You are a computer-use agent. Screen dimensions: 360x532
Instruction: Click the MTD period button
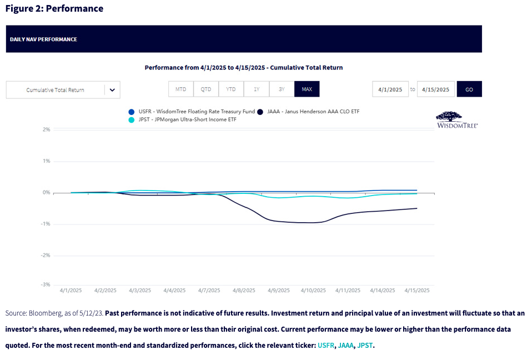tap(181, 89)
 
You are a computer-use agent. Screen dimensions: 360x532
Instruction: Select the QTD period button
tap(206, 89)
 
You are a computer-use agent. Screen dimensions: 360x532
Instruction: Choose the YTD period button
tap(231, 89)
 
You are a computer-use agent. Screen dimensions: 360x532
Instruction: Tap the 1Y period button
tap(257, 89)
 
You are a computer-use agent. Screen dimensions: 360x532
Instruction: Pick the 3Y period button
tap(282, 89)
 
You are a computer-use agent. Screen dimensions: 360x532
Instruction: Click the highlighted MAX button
tap(307, 89)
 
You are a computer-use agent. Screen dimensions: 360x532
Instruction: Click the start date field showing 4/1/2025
tap(390, 89)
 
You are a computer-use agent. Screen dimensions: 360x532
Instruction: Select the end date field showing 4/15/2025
tap(436, 89)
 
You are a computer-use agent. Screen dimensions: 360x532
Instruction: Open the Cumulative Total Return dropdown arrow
tap(112, 90)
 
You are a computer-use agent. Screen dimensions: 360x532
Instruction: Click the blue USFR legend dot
tap(132, 112)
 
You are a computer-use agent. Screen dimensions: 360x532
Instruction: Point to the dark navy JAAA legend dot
tap(260, 112)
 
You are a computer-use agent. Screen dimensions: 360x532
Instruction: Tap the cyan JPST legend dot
tap(132, 120)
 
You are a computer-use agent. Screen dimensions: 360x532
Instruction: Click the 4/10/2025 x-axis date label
tap(314, 291)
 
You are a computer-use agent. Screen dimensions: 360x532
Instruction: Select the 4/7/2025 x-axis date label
tap(209, 291)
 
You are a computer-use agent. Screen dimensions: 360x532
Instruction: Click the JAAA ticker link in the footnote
tap(345, 346)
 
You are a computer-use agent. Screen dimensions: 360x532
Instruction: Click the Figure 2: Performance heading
tap(54, 9)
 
